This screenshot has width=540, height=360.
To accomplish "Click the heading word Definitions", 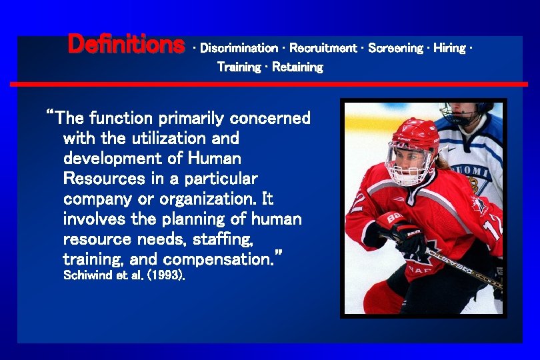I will (126, 45).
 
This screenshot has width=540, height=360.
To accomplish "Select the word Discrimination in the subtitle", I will (239, 48).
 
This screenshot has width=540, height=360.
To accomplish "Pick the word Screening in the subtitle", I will (395, 48).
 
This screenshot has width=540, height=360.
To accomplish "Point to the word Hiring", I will (450, 48).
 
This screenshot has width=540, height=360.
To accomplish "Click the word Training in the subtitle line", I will (239, 67).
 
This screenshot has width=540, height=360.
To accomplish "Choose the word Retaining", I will (297, 67).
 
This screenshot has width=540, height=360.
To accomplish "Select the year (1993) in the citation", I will (166, 275).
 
